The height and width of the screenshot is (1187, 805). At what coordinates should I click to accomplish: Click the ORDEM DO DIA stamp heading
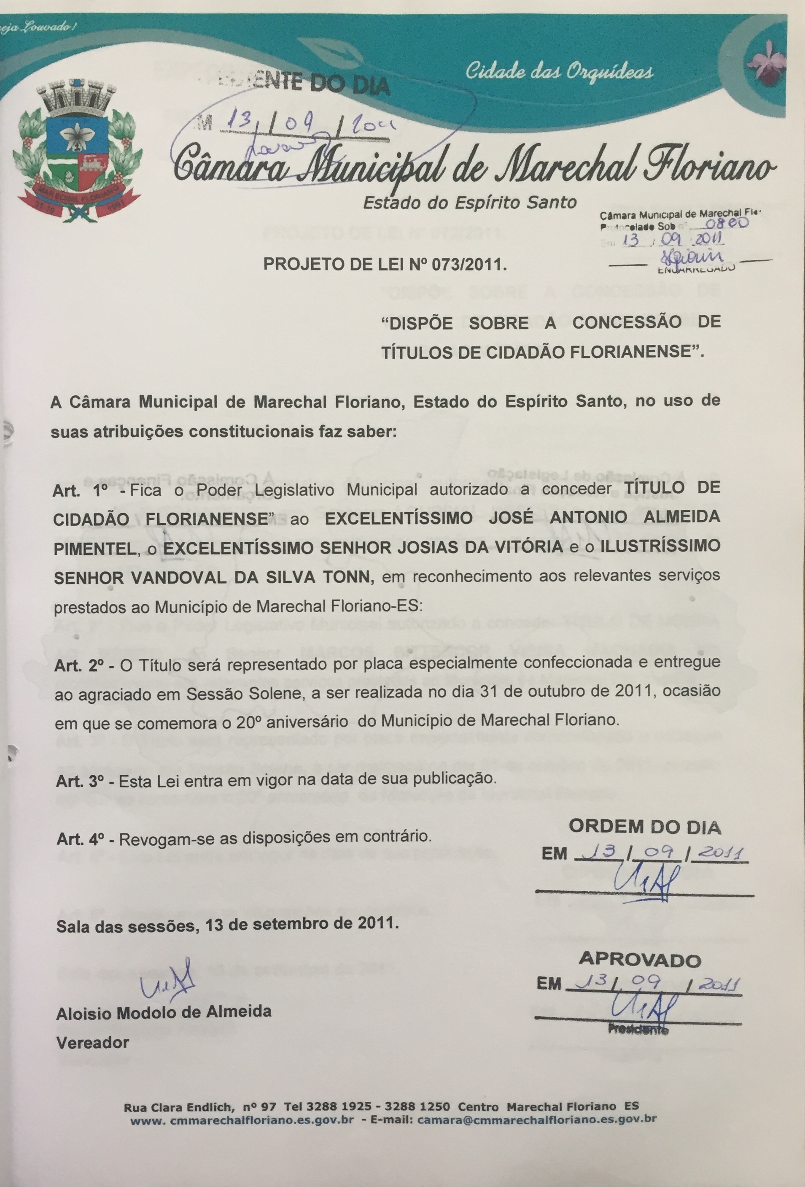645,827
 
